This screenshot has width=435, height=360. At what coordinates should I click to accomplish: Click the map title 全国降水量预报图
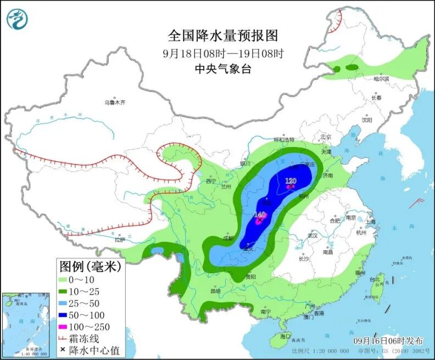tap(223, 36)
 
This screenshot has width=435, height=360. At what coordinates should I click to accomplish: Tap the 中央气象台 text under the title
tap(223, 69)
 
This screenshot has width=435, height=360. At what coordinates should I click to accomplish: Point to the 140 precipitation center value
tap(260, 215)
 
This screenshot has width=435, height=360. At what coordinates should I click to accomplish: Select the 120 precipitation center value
tap(291, 181)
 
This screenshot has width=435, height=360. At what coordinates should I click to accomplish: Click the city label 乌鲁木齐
tap(115, 102)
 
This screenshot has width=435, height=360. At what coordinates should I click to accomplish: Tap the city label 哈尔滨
tap(381, 79)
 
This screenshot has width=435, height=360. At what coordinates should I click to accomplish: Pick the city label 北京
tap(326, 137)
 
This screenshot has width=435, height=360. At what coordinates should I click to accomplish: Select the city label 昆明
tap(215, 291)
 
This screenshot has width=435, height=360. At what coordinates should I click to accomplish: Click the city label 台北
tap(375, 279)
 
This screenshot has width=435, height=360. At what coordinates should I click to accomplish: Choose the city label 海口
tap(285, 336)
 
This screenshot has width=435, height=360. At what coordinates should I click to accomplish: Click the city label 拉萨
tap(120, 240)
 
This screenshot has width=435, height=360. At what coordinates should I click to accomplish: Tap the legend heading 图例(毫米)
tap(90, 267)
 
